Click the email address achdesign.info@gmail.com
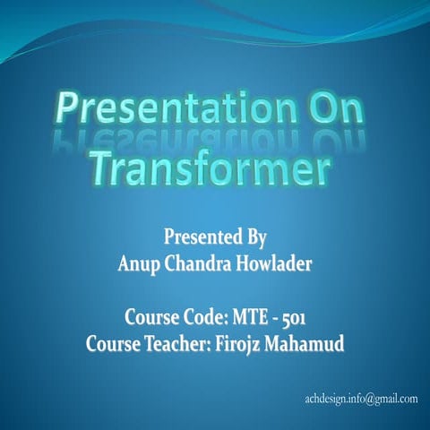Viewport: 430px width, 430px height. [x=361, y=398]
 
